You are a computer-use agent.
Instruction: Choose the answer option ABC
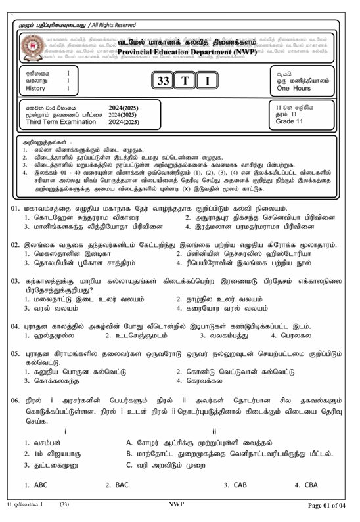pos(40,485)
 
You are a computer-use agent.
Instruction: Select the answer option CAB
pos(240,485)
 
